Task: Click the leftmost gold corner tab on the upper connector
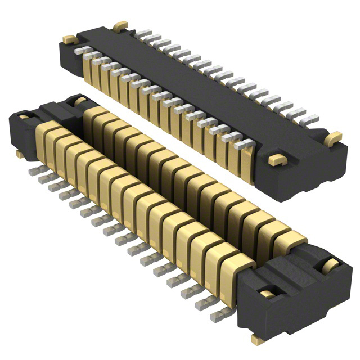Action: click(69, 39)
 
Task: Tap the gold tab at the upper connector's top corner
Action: click(120, 25)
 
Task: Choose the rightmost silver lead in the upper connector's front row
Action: click(243, 145)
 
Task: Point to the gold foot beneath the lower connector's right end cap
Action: click(258, 339)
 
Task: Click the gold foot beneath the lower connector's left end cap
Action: click(20, 153)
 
